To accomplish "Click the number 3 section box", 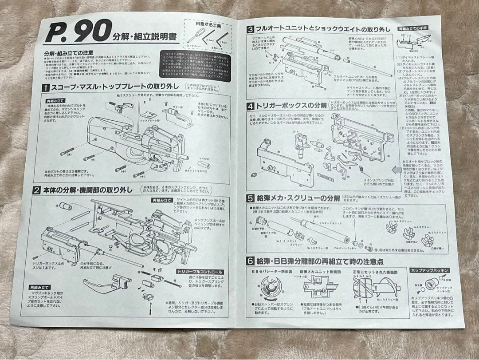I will [251, 30].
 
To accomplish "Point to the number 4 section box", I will [250, 107].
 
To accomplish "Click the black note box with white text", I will [195, 67].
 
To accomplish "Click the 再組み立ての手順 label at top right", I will [412, 28].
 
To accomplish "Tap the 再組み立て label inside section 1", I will [56, 101].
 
